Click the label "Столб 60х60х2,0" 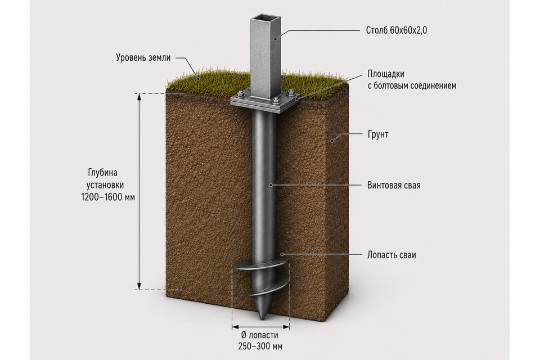tap(396, 30)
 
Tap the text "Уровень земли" tap(143, 57)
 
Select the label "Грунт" tap(378, 134)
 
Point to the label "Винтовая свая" tap(394, 185)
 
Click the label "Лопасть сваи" tap(391, 255)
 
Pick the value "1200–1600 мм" tap(108, 197)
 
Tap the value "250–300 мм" tap(260, 346)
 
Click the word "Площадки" tap(386, 74)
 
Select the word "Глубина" tap(102, 172)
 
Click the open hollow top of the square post tap(265, 17)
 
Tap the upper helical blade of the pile tap(260, 266)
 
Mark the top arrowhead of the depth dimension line tap(139, 96)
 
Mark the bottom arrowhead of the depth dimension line tap(139, 287)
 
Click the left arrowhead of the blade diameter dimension tap(235, 327)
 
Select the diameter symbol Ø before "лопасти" tap(244, 335)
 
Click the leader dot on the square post tap(275, 39)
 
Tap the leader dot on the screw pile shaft tap(271, 185)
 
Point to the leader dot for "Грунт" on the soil tap(332, 141)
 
